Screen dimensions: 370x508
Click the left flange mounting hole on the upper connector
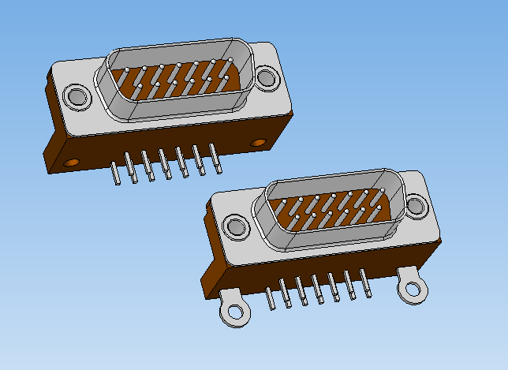pos(77,96)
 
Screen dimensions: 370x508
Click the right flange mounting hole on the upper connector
pos(267,77)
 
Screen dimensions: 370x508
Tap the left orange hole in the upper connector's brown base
pos(72,162)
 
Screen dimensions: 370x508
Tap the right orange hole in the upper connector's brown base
pos(259,143)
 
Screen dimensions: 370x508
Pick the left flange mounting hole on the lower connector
pos(235,228)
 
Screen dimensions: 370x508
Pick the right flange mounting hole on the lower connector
pos(416,207)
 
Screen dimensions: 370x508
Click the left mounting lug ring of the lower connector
pos(233,311)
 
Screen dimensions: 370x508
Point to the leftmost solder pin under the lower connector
pos(271,301)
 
